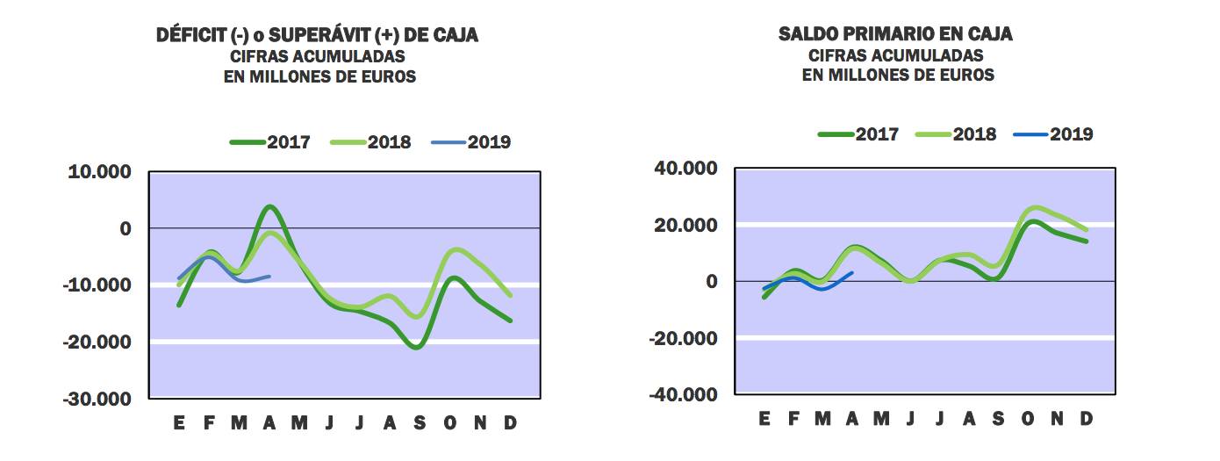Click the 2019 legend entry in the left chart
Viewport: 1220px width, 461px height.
pyautogui.click(x=473, y=142)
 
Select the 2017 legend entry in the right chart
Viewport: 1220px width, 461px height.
pyautogui.click(x=858, y=134)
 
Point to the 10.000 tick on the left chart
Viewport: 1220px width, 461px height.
pyautogui.click(x=99, y=172)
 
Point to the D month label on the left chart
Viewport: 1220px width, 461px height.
pyautogui.click(x=509, y=423)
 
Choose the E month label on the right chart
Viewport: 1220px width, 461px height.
pyautogui.click(x=764, y=419)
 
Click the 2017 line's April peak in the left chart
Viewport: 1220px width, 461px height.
pyautogui.click(x=269, y=207)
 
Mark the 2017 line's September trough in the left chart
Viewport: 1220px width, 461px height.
pyautogui.click(x=416, y=347)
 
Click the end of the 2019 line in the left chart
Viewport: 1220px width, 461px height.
pyautogui.click(x=269, y=276)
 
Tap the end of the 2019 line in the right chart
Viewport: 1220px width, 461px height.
pyautogui.click(x=852, y=272)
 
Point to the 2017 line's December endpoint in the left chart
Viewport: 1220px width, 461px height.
pyautogui.click(x=510, y=321)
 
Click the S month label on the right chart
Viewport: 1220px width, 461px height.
pyautogui.click(x=998, y=419)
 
